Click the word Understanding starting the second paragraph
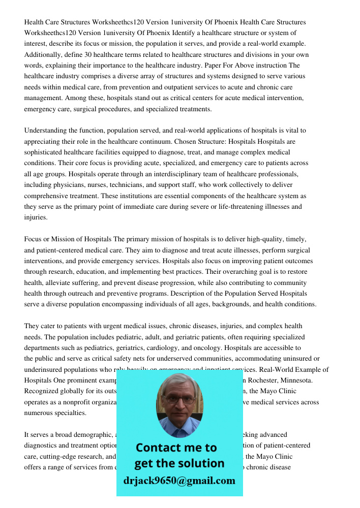pyautogui.click(x=47, y=131)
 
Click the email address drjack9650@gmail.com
pyautogui.click(x=179, y=481)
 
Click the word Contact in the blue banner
pyautogui.click(x=157, y=448)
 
